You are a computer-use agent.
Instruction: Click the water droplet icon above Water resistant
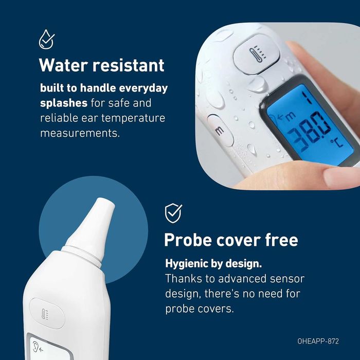[47, 39]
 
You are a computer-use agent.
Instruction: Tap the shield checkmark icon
[173, 212]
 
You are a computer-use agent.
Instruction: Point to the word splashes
[64, 103]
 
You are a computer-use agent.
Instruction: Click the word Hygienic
[188, 264]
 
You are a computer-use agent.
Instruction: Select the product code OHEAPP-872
[325, 340]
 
